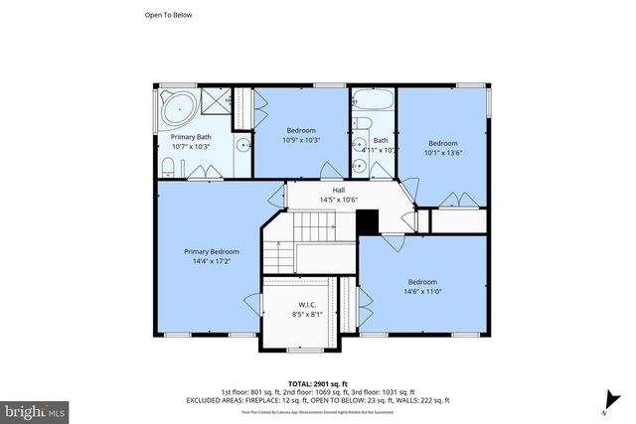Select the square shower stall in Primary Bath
tap(213, 101)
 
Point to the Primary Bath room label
tap(190, 137)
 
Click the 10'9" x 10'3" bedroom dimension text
tap(301, 140)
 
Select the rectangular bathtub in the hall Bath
tap(372, 102)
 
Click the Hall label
tap(337, 190)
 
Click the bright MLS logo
tap(35, 409)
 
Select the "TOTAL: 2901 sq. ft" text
tap(317, 382)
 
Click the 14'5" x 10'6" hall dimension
tap(337, 200)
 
